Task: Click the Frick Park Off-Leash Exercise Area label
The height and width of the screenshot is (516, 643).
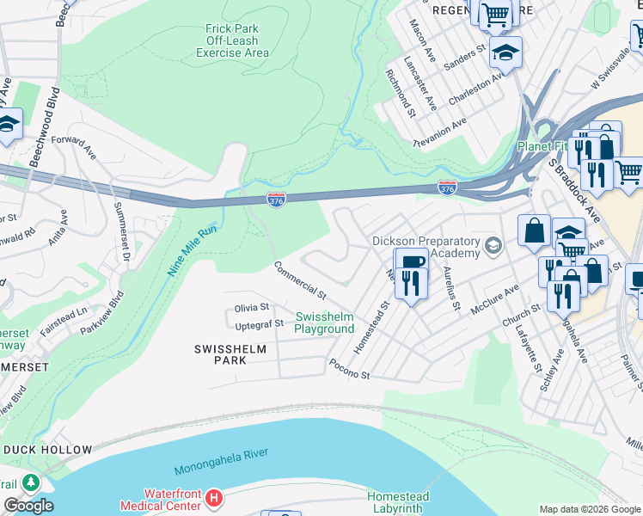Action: click(x=232, y=40)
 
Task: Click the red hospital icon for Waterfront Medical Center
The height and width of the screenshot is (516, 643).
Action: click(x=214, y=498)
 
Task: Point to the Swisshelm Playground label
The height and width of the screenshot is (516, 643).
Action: click(x=324, y=323)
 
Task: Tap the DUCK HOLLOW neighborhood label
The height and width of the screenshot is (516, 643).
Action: click(x=47, y=450)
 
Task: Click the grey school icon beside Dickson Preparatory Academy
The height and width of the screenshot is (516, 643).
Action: click(x=493, y=247)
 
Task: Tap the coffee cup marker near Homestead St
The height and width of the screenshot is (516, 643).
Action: click(x=411, y=261)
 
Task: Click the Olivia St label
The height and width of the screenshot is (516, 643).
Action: click(x=252, y=307)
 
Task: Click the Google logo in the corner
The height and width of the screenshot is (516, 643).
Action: click(x=28, y=506)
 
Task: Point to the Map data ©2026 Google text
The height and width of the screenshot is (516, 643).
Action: click(x=589, y=509)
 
